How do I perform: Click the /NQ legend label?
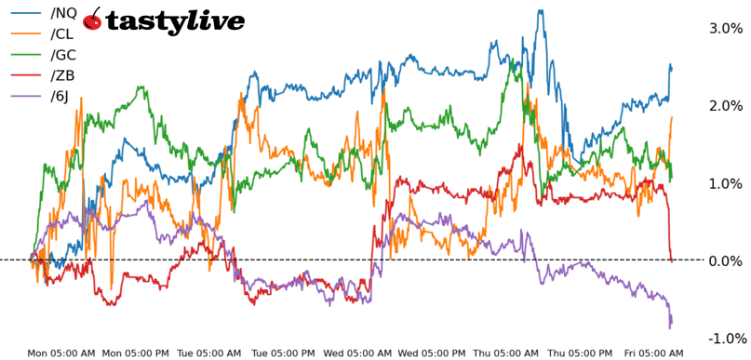64,12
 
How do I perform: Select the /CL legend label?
63,33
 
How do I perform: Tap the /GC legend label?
64,55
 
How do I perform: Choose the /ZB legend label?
63,75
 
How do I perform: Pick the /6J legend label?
61,97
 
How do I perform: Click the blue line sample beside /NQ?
25,13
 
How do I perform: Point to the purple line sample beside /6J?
25,97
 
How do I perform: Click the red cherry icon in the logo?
92,20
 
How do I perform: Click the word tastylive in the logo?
175,21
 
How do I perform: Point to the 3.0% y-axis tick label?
726,29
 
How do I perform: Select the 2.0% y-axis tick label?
726,106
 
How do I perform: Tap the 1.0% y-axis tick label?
726,183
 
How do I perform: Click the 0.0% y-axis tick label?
726,261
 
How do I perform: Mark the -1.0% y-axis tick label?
724,339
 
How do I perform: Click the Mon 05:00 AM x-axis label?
60,353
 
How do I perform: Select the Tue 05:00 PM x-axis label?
283,353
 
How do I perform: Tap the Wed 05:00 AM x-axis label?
357,353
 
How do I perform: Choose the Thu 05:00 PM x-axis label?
580,353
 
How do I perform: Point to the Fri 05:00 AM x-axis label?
654,353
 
